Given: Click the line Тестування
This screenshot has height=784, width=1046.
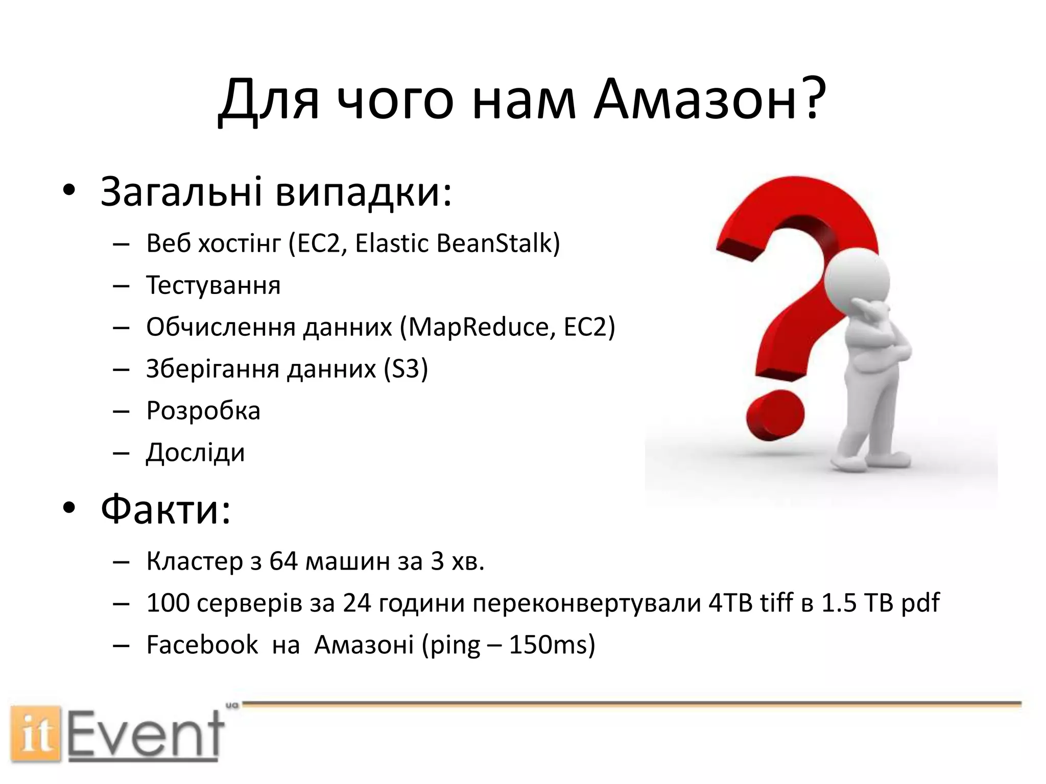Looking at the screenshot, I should coord(213,285).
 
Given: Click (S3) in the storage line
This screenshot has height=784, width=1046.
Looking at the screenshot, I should coord(406,369).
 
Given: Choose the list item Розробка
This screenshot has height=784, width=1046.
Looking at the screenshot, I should coord(203,410).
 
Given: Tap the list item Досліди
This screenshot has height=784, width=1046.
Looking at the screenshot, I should coord(196,452).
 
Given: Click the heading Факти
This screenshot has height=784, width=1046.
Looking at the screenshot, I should coord(165,509).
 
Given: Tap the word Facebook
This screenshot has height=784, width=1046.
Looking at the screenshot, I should coord(202,645).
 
